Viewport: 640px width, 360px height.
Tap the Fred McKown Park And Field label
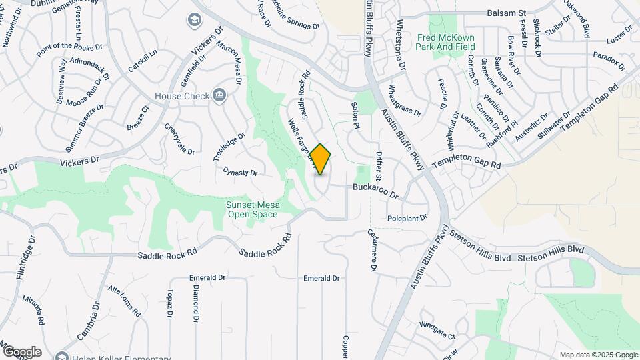point(447,43)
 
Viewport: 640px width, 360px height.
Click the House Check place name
point(182,96)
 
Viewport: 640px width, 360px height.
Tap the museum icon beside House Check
point(218,96)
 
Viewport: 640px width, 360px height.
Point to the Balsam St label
point(507,13)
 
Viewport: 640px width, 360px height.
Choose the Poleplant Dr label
point(407,218)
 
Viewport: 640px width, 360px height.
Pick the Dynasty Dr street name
point(240,172)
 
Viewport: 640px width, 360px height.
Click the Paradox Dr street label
point(609,61)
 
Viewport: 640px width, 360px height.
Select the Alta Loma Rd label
point(124,301)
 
